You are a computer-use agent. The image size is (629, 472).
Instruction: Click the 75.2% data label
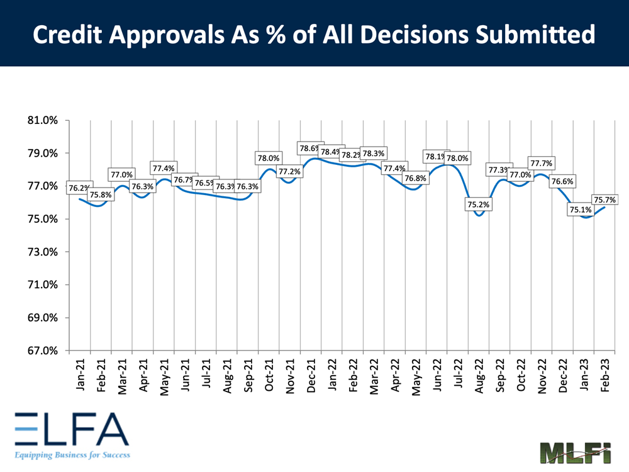pos(479,205)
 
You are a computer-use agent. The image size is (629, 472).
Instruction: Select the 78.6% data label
pos(310,149)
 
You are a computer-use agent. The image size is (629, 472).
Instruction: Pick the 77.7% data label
pos(540,164)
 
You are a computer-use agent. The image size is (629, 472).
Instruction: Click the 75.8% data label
pos(101,194)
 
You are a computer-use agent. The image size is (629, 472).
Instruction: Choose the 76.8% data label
pos(415,179)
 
